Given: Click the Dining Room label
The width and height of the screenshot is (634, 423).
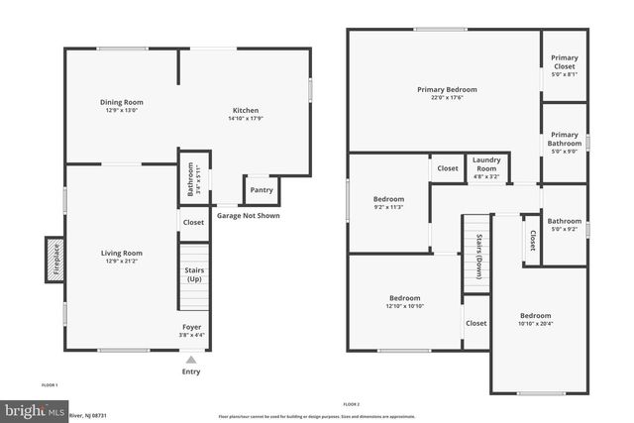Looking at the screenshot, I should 122,102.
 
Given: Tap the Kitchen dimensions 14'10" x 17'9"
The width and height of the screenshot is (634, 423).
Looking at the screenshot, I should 246,119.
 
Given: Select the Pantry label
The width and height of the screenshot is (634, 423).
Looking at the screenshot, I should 262,190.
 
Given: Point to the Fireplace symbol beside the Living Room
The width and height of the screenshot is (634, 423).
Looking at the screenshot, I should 55,258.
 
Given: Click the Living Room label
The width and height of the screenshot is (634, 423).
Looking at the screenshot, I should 122,253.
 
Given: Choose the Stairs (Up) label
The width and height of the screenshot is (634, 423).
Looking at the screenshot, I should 193,272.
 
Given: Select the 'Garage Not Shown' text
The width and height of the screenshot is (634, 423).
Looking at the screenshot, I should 248,215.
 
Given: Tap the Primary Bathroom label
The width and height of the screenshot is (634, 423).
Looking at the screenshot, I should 565,139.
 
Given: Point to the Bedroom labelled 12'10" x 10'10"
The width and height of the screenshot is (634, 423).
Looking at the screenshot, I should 405,298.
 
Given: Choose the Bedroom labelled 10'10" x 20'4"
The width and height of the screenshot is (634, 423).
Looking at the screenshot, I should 536,316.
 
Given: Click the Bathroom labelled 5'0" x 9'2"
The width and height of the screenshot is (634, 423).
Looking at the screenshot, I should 565,221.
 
